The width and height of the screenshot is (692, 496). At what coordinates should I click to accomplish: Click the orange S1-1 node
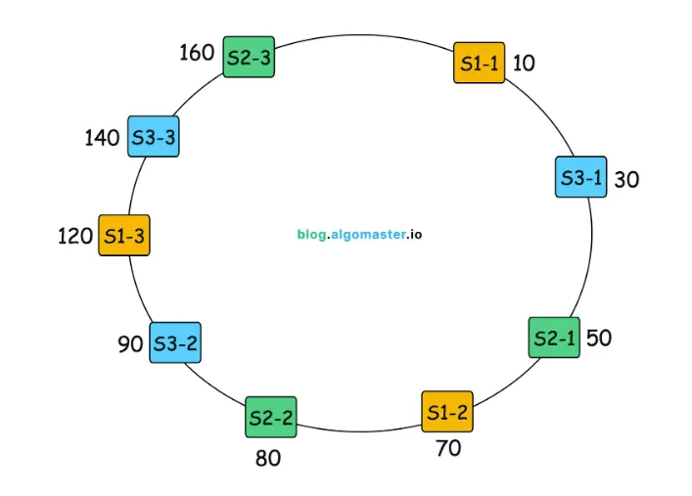click(480, 63)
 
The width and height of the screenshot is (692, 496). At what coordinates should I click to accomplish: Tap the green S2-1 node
click(554, 338)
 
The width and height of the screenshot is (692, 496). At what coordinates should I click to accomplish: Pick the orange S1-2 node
click(447, 411)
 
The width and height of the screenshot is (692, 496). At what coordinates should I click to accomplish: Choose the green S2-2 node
click(271, 417)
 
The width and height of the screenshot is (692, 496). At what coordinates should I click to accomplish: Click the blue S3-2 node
click(175, 342)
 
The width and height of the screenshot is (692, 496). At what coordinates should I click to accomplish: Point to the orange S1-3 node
click(124, 235)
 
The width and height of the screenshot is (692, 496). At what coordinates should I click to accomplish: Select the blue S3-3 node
click(154, 137)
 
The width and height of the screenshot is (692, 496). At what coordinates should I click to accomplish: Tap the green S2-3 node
click(249, 57)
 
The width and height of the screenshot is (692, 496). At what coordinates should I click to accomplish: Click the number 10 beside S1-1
click(524, 64)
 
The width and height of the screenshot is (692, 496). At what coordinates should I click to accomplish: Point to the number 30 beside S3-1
click(626, 179)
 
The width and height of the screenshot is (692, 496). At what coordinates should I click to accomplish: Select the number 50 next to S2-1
click(599, 338)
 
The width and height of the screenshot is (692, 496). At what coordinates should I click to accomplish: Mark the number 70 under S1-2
click(448, 449)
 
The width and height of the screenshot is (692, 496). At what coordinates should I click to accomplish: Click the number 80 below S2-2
click(268, 457)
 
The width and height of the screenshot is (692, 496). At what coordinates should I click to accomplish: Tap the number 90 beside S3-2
click(130, 344)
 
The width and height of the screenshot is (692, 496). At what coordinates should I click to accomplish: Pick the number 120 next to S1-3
click(75, 236)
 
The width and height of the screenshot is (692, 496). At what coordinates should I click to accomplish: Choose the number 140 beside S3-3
click(102, 138)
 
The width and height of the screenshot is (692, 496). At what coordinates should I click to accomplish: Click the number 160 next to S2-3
click(197, 52)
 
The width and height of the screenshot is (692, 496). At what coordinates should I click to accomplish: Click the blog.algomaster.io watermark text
click(360, 235)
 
